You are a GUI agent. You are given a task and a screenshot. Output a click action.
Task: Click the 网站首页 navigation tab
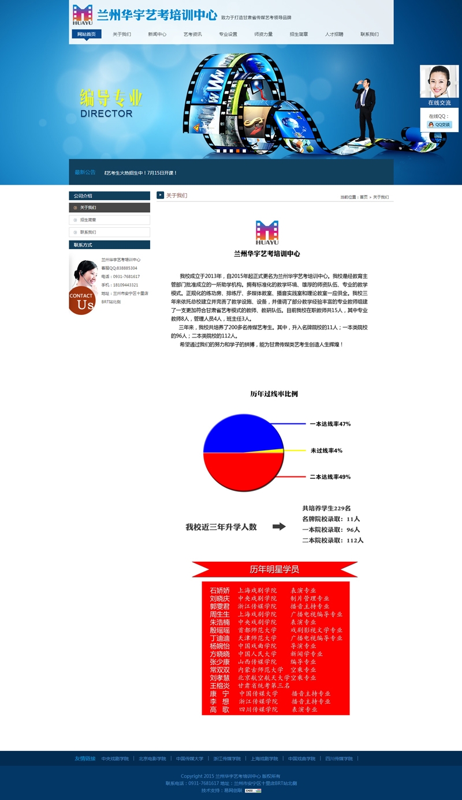87,34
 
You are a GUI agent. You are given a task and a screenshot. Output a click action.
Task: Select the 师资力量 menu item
263,34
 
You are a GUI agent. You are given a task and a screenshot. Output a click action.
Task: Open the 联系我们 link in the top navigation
370,34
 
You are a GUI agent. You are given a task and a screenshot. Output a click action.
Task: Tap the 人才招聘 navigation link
334,34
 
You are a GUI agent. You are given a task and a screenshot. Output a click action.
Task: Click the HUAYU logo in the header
83,15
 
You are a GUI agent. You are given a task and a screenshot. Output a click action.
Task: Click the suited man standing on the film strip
364,110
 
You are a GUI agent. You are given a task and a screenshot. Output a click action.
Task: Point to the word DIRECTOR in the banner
106,114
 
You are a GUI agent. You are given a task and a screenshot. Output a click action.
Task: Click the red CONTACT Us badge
82,300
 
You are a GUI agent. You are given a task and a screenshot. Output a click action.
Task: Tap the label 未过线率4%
326,450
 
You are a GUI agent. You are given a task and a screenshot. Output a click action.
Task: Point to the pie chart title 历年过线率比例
274,394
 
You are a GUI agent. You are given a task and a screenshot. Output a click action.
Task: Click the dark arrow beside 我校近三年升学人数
279,527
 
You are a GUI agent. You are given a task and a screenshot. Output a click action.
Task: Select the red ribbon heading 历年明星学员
274,569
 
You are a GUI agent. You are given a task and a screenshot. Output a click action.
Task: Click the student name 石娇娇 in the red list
219,591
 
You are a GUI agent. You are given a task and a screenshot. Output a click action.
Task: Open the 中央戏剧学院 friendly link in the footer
114,758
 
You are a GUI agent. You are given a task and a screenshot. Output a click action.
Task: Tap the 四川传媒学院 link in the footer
339,758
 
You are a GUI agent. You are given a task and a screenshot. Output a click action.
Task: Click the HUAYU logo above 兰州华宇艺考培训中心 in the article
267,232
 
